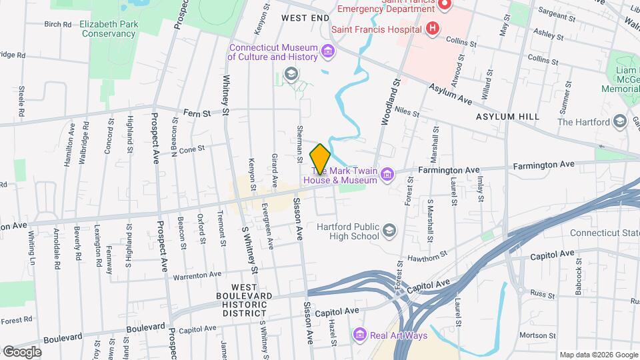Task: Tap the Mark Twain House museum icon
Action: click(387, 175)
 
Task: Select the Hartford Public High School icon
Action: click(389, 231)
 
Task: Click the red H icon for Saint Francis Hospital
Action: click(433, 29)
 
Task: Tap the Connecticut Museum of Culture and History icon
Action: click(327, 51)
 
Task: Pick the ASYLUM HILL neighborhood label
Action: click(507, 117)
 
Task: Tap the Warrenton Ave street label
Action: click(197, 275)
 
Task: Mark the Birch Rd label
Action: click(57, 24)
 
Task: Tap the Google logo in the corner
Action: click(22, 351)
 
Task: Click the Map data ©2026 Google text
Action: click(597, 354)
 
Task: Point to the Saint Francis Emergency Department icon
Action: click(446, 5)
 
